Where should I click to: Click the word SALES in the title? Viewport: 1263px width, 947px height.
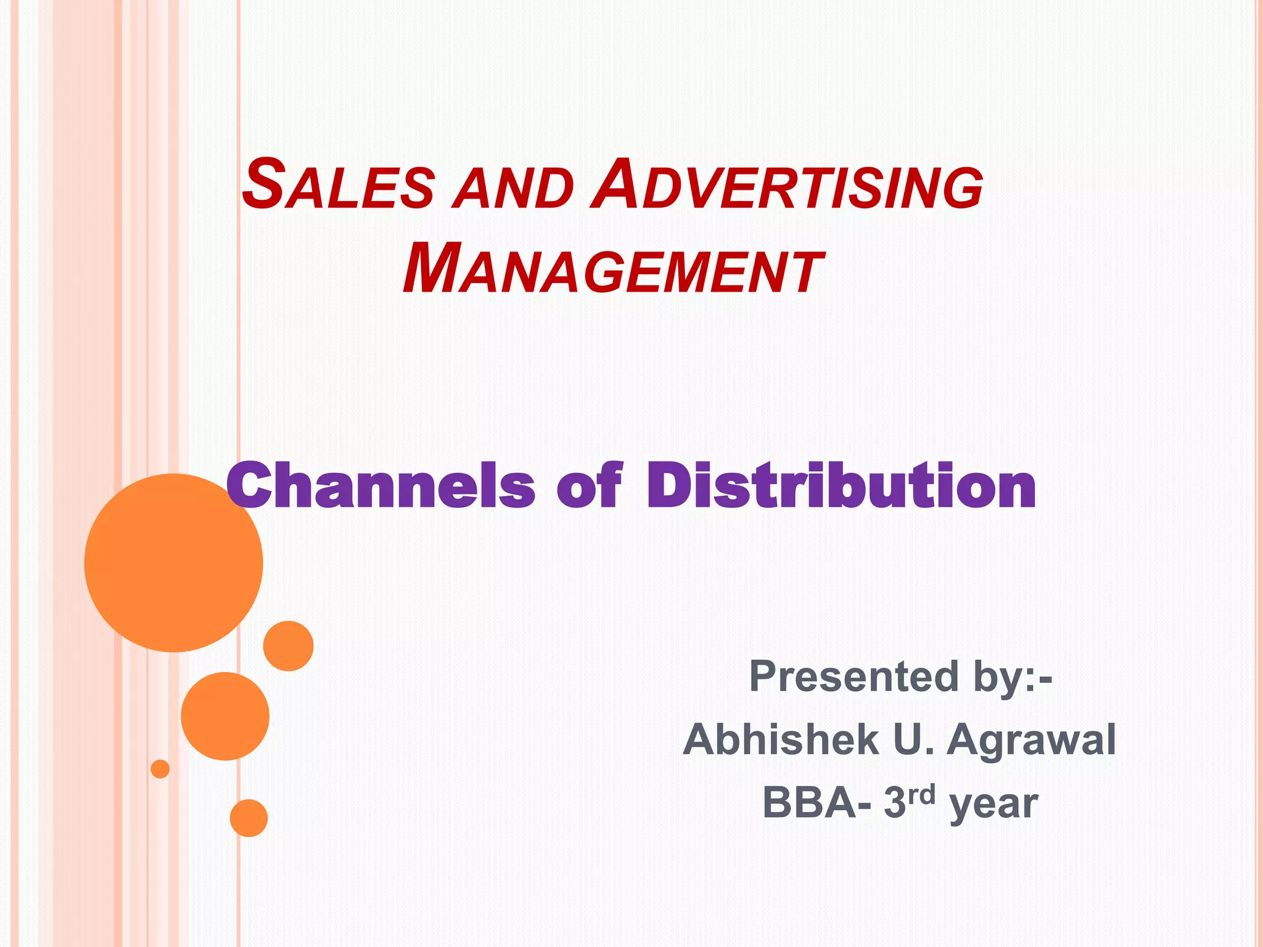point(339,185)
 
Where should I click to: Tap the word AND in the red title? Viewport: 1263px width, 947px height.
point(512,188)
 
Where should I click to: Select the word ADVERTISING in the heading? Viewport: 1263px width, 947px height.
point(786,185)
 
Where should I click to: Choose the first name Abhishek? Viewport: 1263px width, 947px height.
point(780,739)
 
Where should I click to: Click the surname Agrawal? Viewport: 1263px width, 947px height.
point(1031,740)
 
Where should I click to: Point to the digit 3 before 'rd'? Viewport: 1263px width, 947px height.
point(894,802)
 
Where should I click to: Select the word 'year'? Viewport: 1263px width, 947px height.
point(994,804)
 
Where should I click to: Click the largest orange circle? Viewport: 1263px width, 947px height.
point(174,562)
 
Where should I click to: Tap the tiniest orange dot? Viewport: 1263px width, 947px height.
point(160,769)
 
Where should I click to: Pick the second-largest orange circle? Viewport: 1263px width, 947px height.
point(225,716)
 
